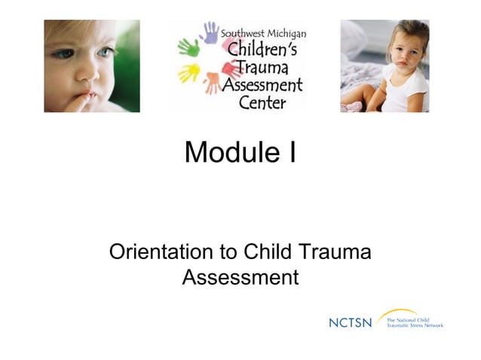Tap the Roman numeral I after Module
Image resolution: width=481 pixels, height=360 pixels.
coord(291,153)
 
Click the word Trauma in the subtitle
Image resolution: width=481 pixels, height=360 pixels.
coord(332,252)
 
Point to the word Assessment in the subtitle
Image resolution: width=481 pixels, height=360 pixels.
coord(240,277)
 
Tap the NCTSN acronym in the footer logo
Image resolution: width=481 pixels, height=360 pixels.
coord(351,322)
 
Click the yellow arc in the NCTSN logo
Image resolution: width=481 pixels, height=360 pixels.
coord(400,312)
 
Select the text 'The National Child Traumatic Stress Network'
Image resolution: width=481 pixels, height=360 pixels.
coord(415,322)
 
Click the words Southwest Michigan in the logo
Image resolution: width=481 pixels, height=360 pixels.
coord(263,35)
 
